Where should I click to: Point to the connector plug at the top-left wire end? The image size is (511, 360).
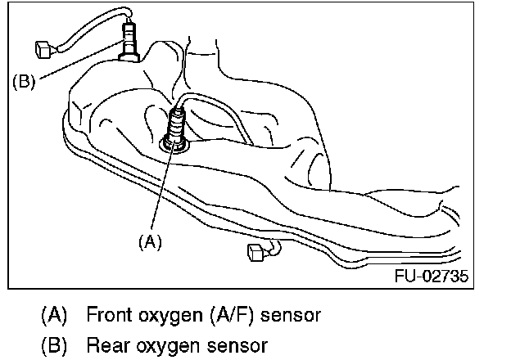pyautogui.click(x=45, y=48)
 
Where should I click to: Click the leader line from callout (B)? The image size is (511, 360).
pyautogui.click(x=78, y=63)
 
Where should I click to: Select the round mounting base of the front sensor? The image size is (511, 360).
pyautogui.click(x=174, y=145)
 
